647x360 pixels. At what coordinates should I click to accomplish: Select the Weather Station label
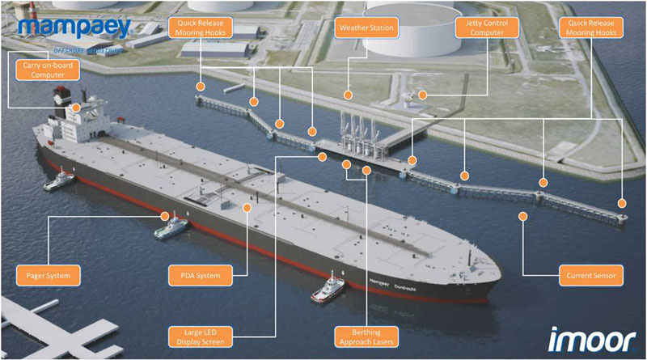pyautogui.click(x=366, y=28)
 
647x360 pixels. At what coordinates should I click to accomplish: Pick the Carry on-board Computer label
pyautogui.click(x=48, y=68)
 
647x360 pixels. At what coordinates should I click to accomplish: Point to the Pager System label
pyautogui.click(x=48, y=276)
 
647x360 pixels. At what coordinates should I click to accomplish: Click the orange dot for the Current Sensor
pyautogui.click(x=524, y=216)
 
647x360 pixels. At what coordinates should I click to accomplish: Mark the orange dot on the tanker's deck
pyautogui.click(x=247, y=207)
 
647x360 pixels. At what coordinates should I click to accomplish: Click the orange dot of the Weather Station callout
pyautogui.click(x=347, y=95)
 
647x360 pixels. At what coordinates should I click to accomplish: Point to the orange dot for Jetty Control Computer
pyautogui.click(x=422, y=95)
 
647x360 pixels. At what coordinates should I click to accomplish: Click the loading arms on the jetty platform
pyautogui.click(x=356, y=133)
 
